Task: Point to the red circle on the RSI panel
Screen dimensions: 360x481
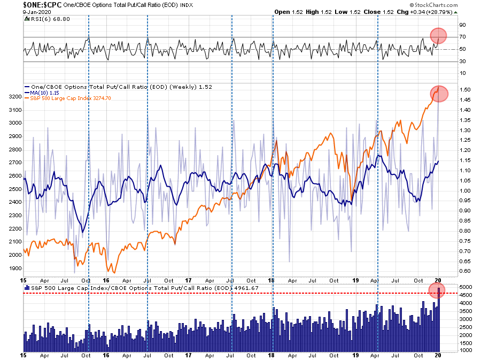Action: [439, 36]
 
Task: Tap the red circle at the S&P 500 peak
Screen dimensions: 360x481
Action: [439, 93]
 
